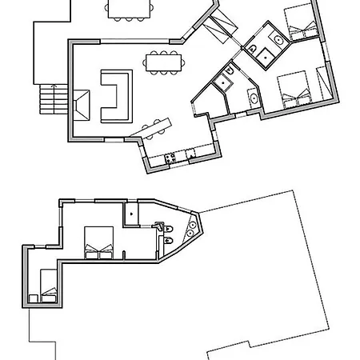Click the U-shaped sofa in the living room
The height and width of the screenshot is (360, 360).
pyautogui.click(x=117, y=96)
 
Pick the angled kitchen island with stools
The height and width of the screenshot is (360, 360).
pyautogui.click(x=155, y=126)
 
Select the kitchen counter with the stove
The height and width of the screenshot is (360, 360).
pyautogui.click(x=178, y=157)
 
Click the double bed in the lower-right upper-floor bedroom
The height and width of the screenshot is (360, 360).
pyautogui.click(x=294, y=90)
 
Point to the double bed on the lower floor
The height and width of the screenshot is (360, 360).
pyautogui.click(x=99, y=242)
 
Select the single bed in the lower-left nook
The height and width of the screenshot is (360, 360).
pyautogui.click(x=48, y=286)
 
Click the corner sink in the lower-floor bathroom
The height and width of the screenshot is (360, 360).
pyautogui.click(x=191, y=227)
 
